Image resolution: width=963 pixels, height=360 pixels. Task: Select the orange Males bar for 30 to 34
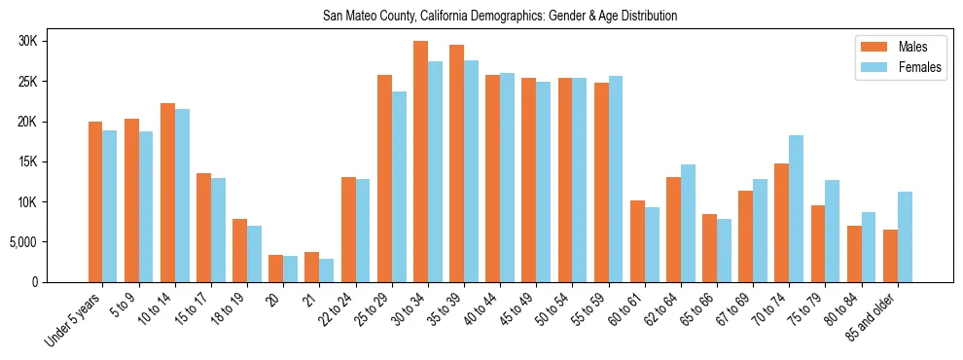coord(420,162)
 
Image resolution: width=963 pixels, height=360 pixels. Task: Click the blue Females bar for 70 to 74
coord(795,208)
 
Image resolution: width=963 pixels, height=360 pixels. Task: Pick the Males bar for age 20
coord(276,269)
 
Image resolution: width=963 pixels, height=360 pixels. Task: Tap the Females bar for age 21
coord(327,270)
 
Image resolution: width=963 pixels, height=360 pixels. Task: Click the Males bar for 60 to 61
coord(637,241)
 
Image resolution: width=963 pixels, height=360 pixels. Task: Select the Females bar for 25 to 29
coord(399,187)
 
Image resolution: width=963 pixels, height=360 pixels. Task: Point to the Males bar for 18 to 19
coord(240,250)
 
